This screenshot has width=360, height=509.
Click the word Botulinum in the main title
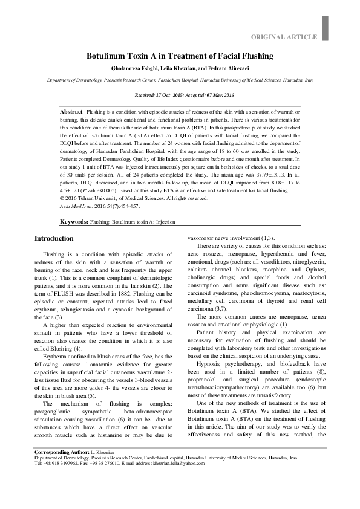[112, 56]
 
